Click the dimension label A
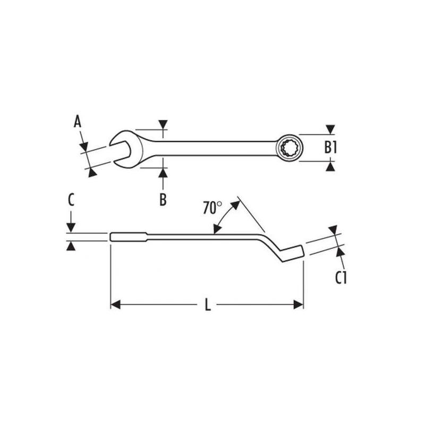coord(78,122)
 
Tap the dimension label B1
coord(331,147)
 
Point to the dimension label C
coord(71,200)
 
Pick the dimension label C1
coord(341,277)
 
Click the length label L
coord(208,305)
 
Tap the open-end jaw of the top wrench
coord(121,144)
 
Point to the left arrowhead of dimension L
coord(115,305)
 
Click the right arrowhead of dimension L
coord(299,305)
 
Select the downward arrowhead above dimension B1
coord(330,129)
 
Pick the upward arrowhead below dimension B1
coord(330,167)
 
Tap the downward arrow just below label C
coord(71,227)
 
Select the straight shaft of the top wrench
coord(212,145)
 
